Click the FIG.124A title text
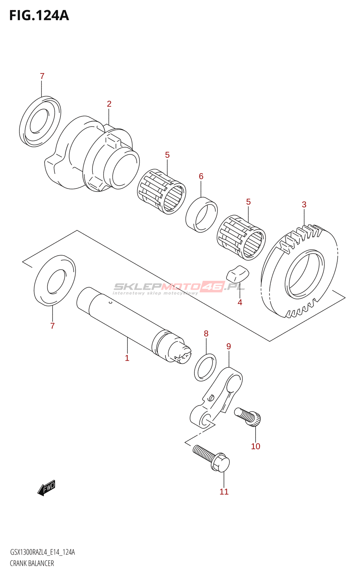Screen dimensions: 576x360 point(39,16)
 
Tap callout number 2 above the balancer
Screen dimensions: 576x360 point(109,104)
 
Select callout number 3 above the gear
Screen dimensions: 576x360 point(304,205)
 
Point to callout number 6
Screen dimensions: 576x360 point(201,176)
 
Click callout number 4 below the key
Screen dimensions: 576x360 point(240,302)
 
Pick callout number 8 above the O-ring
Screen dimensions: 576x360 point(206,334)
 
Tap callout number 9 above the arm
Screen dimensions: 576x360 point(229,346)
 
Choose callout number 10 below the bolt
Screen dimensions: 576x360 point(256,446)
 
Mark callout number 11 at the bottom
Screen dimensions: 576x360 point(224,492)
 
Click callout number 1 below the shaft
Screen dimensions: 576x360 point(127,358)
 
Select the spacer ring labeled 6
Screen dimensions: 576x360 point(202,215)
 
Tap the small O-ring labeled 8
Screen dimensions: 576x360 point(205,368)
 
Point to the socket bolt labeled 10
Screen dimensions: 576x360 point(248,417)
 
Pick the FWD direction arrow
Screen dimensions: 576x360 point(47,488)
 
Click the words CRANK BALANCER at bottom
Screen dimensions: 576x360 point(32,563)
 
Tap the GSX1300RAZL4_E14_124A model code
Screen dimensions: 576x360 point(42,552)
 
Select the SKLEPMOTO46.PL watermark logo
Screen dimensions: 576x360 point(179,287)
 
